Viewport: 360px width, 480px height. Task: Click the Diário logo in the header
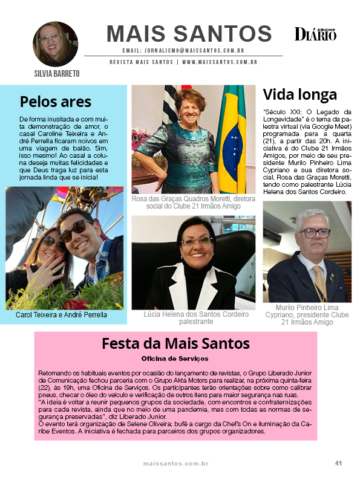tap(315, 34)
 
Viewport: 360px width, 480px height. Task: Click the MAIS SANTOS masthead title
tap(189, 33)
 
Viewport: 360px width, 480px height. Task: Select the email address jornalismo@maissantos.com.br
tap(183, 51)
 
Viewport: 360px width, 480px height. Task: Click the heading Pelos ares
tap(56, 101)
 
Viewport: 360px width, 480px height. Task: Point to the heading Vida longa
tap(300, 95)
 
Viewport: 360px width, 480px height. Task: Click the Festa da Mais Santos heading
tap(175, 343)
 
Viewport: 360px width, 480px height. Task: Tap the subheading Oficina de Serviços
tap(175, 358)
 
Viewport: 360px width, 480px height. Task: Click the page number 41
tap(339, 464)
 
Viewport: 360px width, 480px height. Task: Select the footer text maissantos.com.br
tap(175, 464)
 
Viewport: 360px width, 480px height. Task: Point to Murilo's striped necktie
tap(319, 284)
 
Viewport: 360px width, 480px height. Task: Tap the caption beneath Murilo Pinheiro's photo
tap(307, 314)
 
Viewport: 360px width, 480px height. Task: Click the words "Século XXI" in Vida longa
tap(281, 112)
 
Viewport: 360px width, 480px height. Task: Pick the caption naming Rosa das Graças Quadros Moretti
tap(194, 203)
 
